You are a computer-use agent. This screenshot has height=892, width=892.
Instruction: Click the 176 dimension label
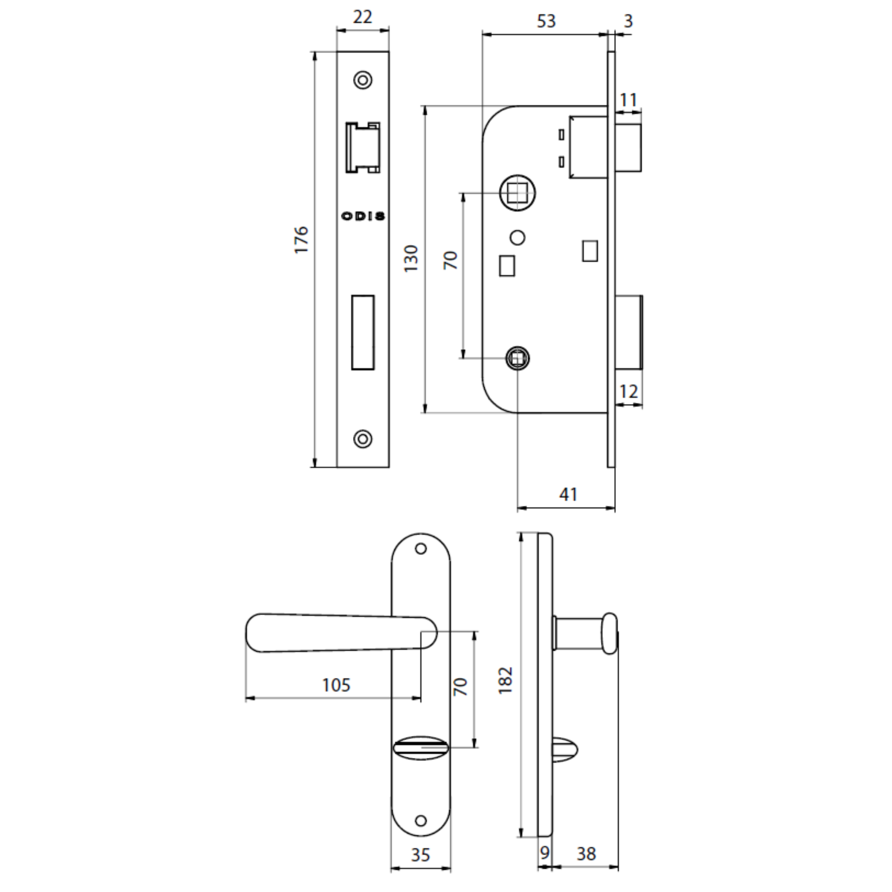point(301,239)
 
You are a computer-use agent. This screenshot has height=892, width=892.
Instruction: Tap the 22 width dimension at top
point(363,17)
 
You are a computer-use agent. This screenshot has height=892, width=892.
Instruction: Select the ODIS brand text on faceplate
point(363,216)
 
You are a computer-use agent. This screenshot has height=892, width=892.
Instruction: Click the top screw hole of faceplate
point(363,80)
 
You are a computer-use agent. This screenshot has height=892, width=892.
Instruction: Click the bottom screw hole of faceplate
point(363,438)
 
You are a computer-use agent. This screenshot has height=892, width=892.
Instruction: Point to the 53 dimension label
point(546,21)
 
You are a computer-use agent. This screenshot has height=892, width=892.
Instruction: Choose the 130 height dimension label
point(410,259)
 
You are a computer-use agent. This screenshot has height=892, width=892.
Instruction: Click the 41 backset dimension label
point(568,495)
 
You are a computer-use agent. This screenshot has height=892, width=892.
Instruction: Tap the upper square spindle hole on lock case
point(517,193)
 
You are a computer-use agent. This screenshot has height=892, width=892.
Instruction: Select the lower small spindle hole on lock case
point(517,358)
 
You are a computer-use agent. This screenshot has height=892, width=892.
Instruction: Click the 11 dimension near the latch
point(628,100)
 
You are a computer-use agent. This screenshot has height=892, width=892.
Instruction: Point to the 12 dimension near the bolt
point(628,392)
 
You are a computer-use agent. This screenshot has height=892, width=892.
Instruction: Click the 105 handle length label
point(337,685)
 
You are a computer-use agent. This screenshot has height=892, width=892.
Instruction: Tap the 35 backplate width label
point(420,855)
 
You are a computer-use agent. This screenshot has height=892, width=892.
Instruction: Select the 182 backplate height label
point(506,680)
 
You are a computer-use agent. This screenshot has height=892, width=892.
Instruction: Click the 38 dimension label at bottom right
point(586,854)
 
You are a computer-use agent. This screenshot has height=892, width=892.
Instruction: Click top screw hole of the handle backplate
point(421,549)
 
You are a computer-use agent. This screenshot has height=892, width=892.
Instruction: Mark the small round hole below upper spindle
point(517,237)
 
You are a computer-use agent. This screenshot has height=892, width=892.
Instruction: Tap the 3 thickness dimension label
point(628,21)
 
